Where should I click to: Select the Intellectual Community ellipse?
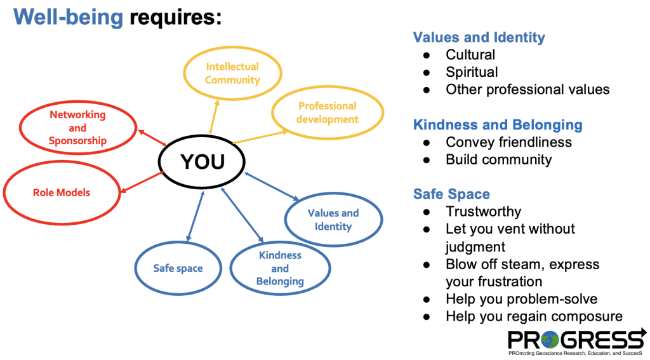click(232, 73)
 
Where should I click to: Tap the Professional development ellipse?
click(328, 112)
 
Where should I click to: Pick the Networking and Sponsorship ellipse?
click(77, 128)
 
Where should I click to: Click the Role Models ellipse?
click(62, 192)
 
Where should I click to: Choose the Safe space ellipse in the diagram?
click(178, 268)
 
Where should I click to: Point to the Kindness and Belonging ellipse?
click(280, 268)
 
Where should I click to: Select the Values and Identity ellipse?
click(333, 220)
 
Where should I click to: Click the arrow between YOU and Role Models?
click(141, 181)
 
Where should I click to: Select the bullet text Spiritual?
click(472, 72)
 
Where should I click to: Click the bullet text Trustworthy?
click(483, 211)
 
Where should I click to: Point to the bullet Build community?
click(498, 159)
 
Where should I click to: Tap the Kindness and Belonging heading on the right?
click(498, 124)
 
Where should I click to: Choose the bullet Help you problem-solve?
click(521, 298)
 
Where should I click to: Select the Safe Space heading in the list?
click(451, 194)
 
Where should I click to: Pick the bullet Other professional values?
click(527, 89)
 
